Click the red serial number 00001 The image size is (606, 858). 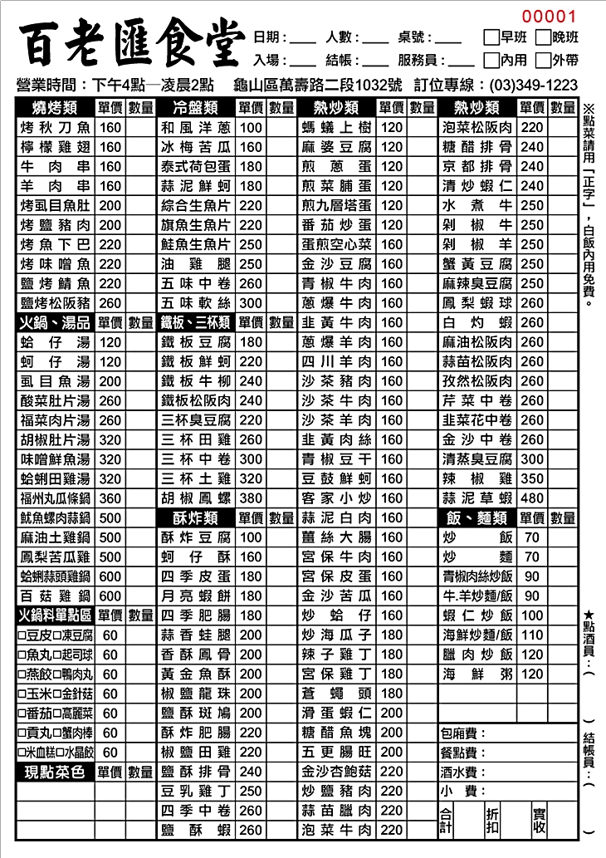(x=549, y=16)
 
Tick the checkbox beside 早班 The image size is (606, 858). (x=491, y=37)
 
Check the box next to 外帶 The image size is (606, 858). (x=543, y=60)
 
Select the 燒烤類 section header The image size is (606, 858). (x=55, y=108)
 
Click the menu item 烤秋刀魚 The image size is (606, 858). (x=55, y=128)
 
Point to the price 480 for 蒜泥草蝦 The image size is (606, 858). (x=531, y=498)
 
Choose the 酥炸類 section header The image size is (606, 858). (x=196, y=518)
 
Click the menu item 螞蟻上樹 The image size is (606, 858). (x=337, y=128)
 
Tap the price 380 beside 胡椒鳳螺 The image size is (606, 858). (x=250, y=498)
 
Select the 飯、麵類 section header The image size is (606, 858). (x=476, y=518)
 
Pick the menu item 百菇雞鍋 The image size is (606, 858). (x=55, y=596)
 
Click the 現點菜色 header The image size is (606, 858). (x=55, y=772)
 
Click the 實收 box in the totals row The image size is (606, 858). (x=540, y=821)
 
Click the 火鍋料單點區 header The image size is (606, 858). (x=55, y=615)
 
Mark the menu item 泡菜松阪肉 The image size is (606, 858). (x=476, y=128)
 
